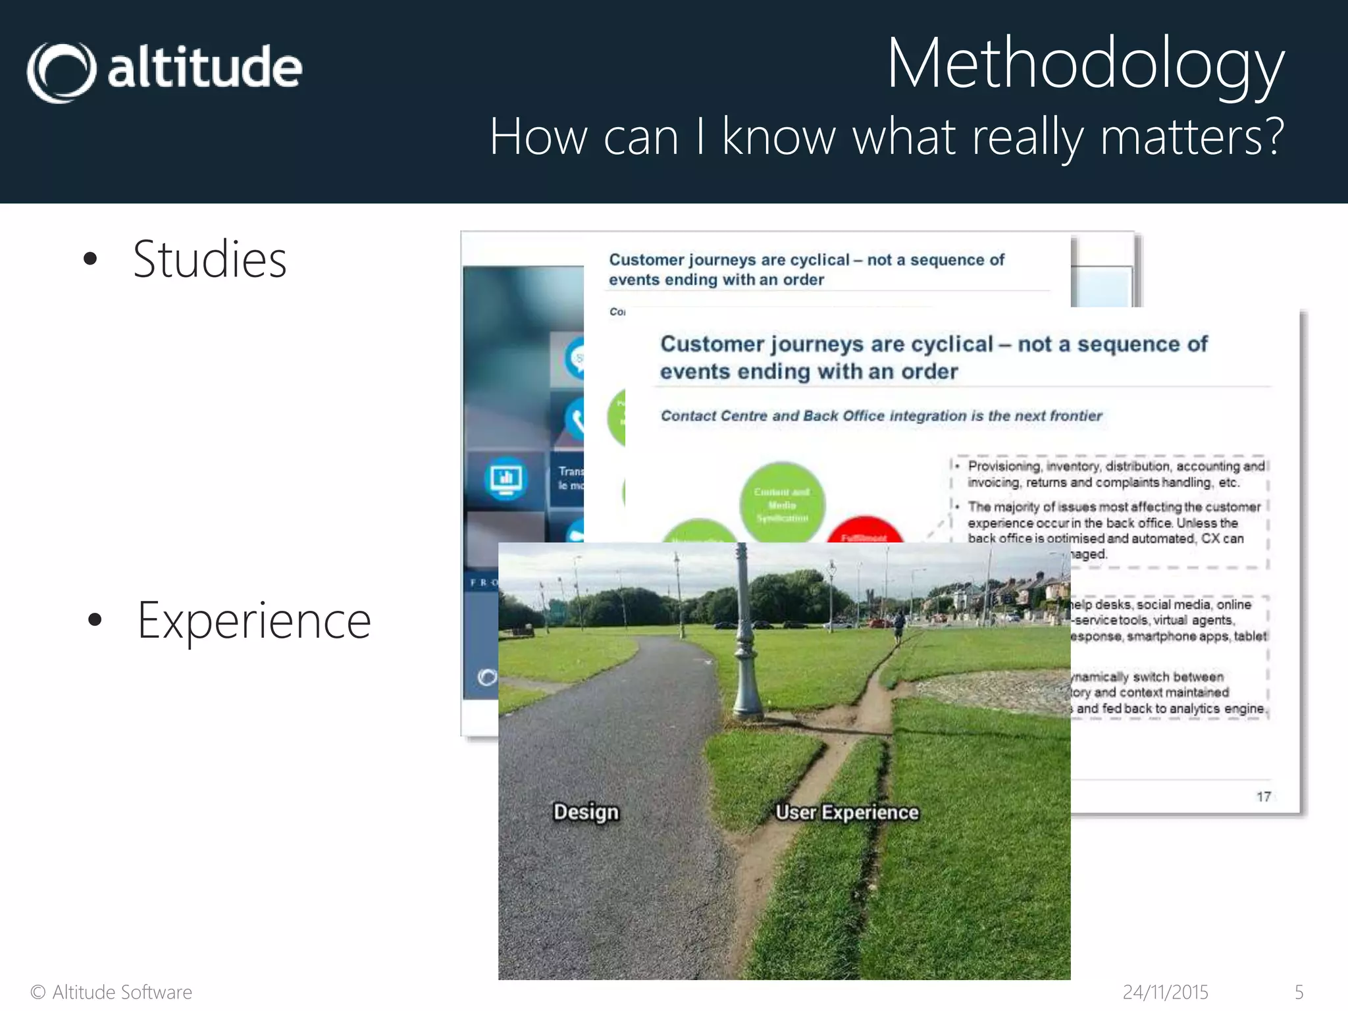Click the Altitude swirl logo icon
(61, 72)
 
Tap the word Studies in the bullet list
(209, 259)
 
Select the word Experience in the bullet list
(254, 621)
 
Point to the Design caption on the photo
(586, 812)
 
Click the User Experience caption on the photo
(846, 812)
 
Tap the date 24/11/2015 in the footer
(1165, 992)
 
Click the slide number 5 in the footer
(1299, 992)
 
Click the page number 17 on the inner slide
(1263, 797)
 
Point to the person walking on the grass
(898, 625)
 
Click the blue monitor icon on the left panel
(505, 478)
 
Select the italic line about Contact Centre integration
(881, 416)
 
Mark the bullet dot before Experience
(95, 620)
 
